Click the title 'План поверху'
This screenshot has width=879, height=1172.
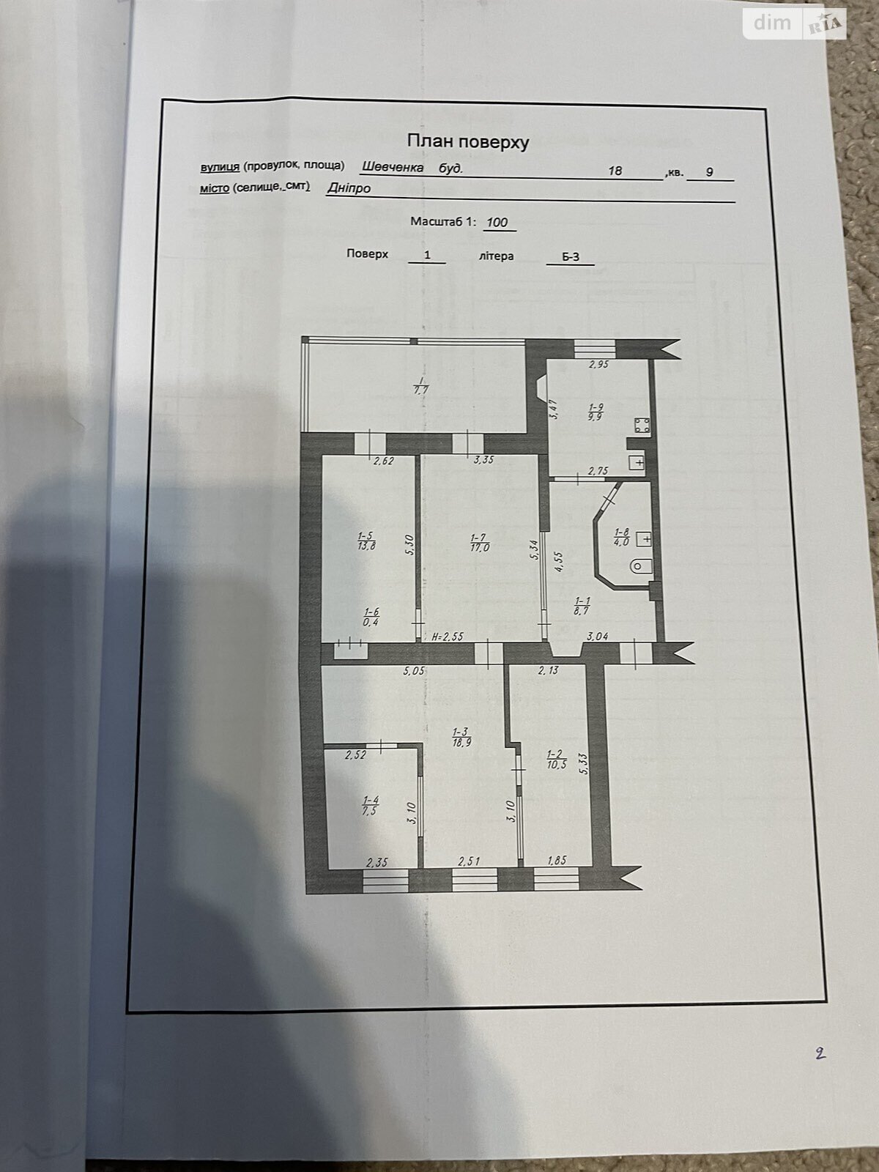[468, 141]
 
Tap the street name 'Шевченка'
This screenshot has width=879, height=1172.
[393, 167]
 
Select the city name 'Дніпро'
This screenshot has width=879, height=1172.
[349, 188]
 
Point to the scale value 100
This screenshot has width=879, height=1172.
[497, 222]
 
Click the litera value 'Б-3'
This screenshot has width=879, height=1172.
[571, 257]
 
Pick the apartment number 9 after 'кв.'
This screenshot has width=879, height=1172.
[710, 172]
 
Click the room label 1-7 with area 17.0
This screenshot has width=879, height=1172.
[480, 542]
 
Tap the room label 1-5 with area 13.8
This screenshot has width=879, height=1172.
[367, 540]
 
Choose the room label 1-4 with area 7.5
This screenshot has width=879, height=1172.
[371, 804]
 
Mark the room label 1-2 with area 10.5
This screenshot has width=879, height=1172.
[556, 759]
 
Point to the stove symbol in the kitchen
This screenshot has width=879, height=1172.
[642, 426]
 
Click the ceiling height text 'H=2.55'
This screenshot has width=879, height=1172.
[448, 637]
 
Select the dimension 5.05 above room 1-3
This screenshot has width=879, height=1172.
[414, 672]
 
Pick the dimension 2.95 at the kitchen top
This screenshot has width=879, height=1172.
[598, 365]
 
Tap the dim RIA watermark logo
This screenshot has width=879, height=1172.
[795, 24]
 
